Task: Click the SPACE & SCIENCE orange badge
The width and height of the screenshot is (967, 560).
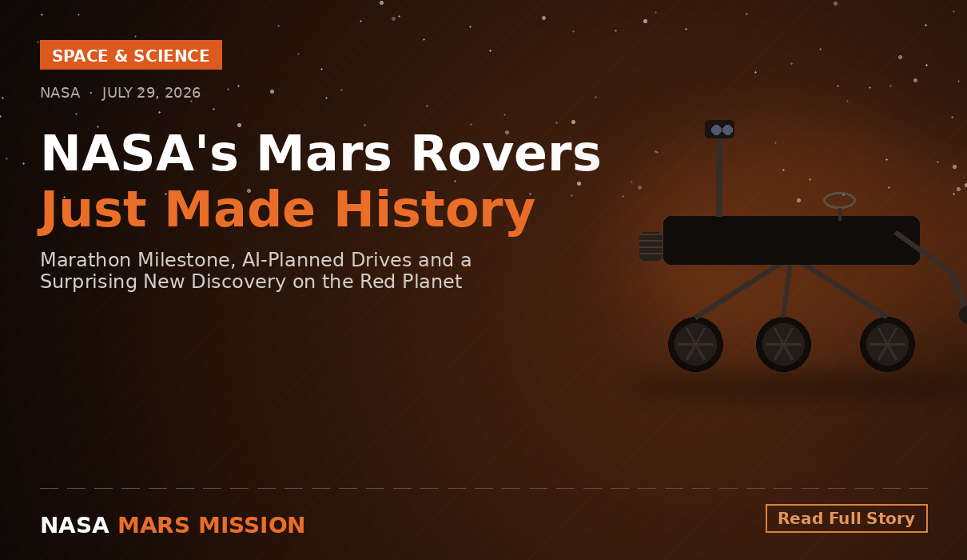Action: coord(131,55)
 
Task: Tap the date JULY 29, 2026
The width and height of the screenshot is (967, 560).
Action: coord(152,93)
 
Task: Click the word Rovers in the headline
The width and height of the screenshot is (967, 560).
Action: coord(506,154)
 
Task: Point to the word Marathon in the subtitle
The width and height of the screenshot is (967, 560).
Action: coord(86,260)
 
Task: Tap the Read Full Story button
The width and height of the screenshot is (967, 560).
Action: coord(846,518)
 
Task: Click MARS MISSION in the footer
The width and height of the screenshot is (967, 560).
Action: coord(212,525)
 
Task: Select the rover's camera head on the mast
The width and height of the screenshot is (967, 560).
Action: coord(719,129)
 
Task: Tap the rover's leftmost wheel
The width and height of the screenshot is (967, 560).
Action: coord(695,344)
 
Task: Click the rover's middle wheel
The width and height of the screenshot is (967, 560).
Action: coord(783,344)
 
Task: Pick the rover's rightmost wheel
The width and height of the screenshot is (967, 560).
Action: coord(887,344)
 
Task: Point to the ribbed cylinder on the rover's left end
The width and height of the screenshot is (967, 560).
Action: coord(651,246)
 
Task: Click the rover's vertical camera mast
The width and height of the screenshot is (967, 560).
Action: coord(719,177)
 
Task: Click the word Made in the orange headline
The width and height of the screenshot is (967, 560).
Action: coord(241,210)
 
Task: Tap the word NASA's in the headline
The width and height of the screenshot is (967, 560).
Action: coord(139,154)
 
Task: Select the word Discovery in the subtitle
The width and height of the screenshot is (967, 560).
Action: coord(238,282)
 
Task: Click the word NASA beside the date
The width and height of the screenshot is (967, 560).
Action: coord(60,93)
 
